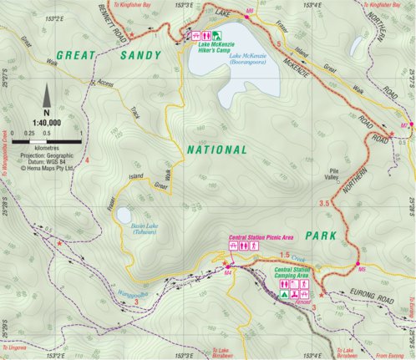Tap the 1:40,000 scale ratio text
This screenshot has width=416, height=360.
point(46,120)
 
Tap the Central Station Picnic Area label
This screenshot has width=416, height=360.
point(256,238)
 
